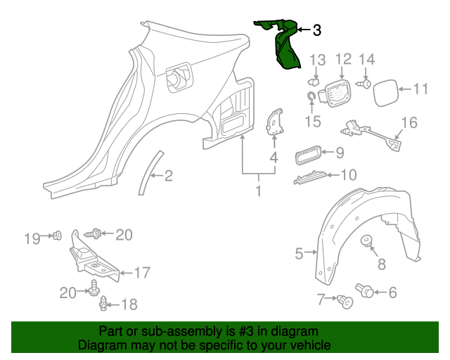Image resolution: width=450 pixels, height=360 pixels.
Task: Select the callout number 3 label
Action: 316,30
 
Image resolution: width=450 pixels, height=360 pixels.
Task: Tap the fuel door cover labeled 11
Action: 383,93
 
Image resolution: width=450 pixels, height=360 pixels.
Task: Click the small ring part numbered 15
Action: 311,96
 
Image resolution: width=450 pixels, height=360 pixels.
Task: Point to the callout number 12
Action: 342,59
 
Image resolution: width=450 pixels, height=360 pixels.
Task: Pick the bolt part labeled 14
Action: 365,84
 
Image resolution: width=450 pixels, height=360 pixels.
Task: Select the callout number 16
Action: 409,124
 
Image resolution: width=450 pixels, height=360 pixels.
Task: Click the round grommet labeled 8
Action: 366,243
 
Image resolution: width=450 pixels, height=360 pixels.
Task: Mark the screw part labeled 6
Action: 366,289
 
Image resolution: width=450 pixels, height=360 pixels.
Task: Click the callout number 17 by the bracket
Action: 142,272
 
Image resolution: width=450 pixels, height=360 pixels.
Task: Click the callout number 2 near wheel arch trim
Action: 168,176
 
